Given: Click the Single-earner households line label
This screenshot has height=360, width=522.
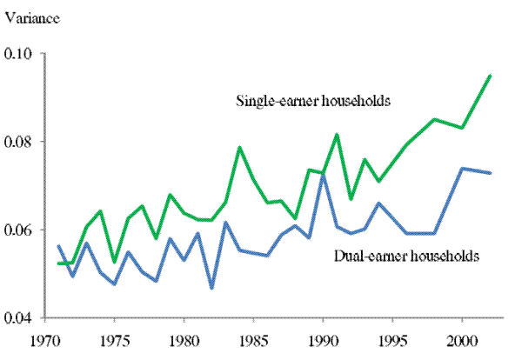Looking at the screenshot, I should (x=311, y=100).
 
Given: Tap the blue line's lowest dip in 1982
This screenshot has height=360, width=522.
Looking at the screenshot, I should (x=211, y=288).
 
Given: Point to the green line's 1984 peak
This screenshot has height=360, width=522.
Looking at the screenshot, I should (x=239, y=147).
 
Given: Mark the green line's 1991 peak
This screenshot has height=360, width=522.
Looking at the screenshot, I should (x=337, y=134).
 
